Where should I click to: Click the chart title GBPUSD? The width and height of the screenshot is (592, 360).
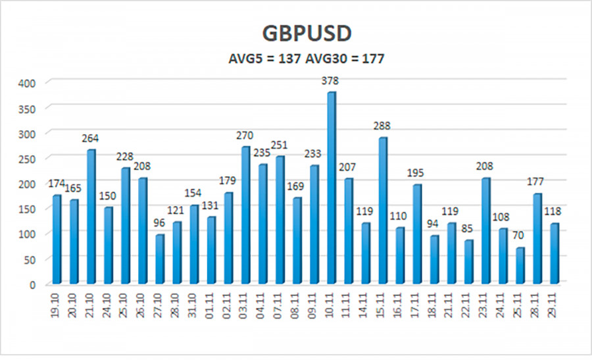295,34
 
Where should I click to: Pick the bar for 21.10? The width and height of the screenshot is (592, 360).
91,217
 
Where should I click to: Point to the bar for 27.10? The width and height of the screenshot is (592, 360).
159,260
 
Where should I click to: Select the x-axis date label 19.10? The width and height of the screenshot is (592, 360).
57,307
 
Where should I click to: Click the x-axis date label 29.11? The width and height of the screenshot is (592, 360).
554,307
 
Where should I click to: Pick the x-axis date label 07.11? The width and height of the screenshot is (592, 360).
280,307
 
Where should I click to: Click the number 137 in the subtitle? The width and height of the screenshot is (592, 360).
289,59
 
